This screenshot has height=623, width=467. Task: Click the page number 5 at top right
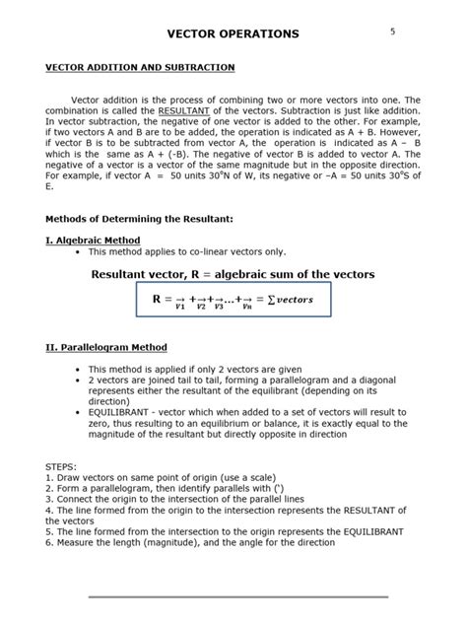pos(392,32)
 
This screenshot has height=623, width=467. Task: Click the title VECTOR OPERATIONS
pos(233,35)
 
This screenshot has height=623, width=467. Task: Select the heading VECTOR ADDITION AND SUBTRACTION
pos(140,67)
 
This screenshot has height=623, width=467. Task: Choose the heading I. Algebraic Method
pos(93,240)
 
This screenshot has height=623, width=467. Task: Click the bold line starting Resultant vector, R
pos(233,273)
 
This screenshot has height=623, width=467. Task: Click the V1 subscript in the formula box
pos(179,308)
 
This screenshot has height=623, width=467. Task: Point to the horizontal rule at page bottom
pos(237,596)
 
